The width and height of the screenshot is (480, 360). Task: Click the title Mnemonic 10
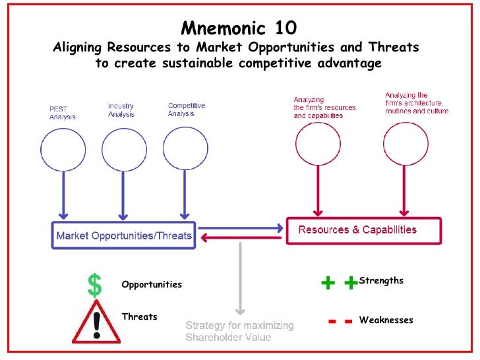point(239,28)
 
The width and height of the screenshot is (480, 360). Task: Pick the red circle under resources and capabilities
point(318,144)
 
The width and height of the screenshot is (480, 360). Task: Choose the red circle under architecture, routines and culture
point(405,144)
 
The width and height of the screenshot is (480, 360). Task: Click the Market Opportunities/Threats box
point(124,235)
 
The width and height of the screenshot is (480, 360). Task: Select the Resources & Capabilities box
point(363,230)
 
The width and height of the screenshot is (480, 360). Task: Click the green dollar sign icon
point(96,284)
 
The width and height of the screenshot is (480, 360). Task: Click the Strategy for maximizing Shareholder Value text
point(239,331)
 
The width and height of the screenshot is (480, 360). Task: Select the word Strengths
point(381,281)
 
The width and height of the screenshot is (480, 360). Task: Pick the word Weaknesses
point(386,320)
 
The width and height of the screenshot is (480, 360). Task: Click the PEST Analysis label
point(62,113)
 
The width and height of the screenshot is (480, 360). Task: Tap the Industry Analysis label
point(121,110)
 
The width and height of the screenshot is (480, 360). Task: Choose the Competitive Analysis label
point(187,109)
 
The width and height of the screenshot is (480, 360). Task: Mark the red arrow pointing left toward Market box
point(240,239)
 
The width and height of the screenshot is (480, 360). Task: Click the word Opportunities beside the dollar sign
point(152,285)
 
